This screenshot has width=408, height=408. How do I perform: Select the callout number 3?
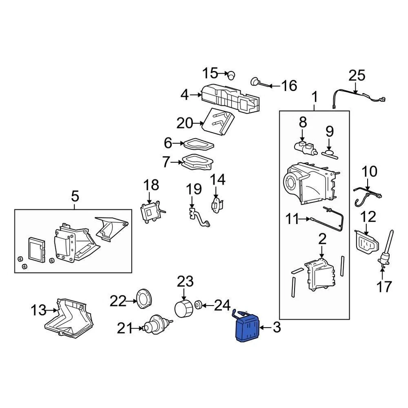point(277,327)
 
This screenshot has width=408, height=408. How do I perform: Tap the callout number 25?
point(357,76)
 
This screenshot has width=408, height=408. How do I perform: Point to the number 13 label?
point(38,310)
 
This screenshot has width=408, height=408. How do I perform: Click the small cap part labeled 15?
point(232,75)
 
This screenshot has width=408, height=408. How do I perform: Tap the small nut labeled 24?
point(198,305)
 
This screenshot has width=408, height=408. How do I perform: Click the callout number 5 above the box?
point(74,196)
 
